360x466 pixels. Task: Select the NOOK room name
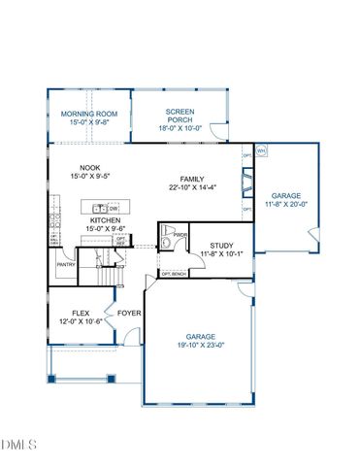pyautogui.click(x=90, y=167)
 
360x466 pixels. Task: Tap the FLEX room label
pyautogui.click(x=80, y=314)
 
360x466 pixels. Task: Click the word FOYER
pyautogui.click(x=130, y=314)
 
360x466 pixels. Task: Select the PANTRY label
pyautogui.click(x=66, y=264)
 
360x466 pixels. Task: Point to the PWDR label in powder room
pyautogui.click(x=180, y=235)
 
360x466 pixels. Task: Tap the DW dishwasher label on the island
pyautogui.click(x=114, y=208)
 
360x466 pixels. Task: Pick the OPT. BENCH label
pyautogui.click(x=174, y=275)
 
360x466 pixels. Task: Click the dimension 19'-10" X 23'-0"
pyautogui.click(x=200, y=345)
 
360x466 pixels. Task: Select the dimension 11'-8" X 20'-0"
pyautogui.click(x=289, y=205)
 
